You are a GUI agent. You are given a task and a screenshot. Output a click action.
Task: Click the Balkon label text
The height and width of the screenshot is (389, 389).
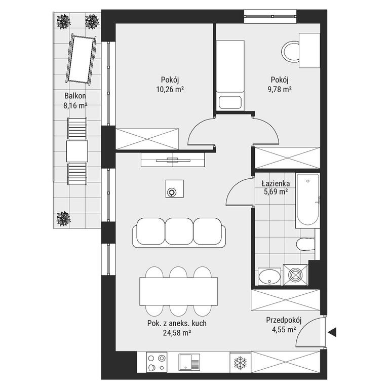tap(75, 96)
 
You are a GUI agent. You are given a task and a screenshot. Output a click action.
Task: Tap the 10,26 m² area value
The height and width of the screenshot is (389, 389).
tap(170, 89)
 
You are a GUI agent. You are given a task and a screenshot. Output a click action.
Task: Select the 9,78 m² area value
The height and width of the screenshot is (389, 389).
tap(280, 89)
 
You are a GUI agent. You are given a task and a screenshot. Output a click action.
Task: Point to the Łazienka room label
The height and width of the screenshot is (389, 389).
tap(276, 183)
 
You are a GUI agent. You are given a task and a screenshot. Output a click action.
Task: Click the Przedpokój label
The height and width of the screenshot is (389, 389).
tap(284, 320)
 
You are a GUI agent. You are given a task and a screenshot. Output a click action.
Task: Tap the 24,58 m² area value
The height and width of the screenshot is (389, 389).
tap(177, 333)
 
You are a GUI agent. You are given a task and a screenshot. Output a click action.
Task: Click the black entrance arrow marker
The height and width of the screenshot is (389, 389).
tap(332, 332)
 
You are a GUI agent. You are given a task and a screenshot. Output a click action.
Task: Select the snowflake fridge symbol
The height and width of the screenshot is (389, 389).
tap(240, 363)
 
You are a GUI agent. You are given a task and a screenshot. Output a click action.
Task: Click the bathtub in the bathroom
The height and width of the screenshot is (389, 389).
tap(307, 201)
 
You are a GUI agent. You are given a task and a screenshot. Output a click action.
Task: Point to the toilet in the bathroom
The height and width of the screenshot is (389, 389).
tap(305, 245)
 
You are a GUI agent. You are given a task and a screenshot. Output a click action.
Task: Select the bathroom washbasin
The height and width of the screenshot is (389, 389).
tap(269, 277)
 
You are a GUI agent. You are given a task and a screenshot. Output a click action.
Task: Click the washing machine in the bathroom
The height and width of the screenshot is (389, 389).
tap(295, 275)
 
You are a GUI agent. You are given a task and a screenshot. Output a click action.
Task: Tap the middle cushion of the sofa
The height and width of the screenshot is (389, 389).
tap(179, 231)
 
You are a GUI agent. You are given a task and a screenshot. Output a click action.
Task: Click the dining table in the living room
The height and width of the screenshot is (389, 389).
tap(179, 292)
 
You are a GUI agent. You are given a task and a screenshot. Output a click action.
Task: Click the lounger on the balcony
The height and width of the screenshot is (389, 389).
tap(81, 59)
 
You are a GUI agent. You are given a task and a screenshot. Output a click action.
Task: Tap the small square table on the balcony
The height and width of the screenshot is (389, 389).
tap(77, 151)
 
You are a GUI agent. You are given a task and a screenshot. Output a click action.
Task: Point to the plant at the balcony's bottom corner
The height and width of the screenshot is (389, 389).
tap(63, 219)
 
